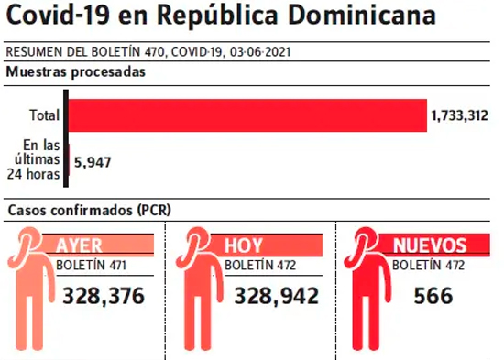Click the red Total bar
pyautogui.click(x=247, y=115)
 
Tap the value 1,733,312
pyautogui.click(x=460, y=115)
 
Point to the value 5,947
pyautogui.click(x=93, y=162)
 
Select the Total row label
pyautogui.click(x=45, y=115)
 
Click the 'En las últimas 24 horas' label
pyautogui.click(x=34, y=159)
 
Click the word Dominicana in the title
pyautogui.click(x=362, y=15)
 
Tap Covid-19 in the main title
pyautogui.click(x=58, y=15)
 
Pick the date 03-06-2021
pyautogui.click(x=260, y=52)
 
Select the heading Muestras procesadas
pyautogui.click(x=76, y=71)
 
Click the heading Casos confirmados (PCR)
pyautogui.click(x=90, y=210)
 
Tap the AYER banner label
pyautogui.click(x=79, y=245)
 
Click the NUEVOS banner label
pyautogui.click(x=430, y=245)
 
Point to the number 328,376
pyautogui.click(x=104, y=296)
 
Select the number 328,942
pyautogui.click(x=277, y=296)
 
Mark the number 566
pyautogui.click(x=433, y=296)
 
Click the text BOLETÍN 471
pyautogui.click(x=91, y=266)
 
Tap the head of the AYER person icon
pyautogui.click(x=29, y=239)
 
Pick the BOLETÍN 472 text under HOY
pyautogui.click(x=260, y=266)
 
